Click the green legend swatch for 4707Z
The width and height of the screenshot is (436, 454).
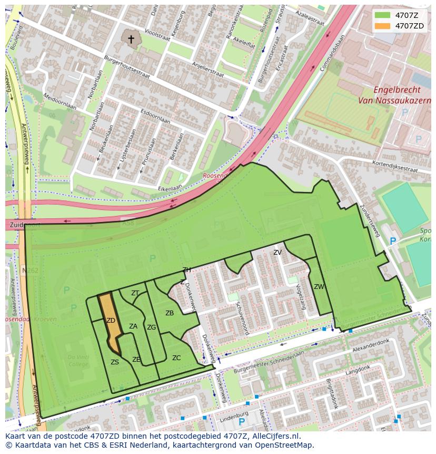click(382, 15)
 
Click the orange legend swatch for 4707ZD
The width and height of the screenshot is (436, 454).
click(382, 26)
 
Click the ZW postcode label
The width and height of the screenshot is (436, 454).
click(319, 287)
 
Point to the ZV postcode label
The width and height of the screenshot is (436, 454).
click(278, 253)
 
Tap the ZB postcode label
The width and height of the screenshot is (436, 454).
click(170, 313)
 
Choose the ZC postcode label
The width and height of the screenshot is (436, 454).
click(176, 358)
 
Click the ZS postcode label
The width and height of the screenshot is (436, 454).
click(115, 362)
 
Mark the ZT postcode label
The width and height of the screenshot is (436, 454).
click(135, 293)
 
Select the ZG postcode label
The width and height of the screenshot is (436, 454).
click(152, 327)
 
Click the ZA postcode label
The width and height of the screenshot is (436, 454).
click(133, 326)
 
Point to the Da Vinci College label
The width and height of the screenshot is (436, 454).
click(78, 361)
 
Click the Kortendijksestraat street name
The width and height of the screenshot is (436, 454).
click(395, 167)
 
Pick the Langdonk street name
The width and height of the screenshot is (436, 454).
click(358, 372)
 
